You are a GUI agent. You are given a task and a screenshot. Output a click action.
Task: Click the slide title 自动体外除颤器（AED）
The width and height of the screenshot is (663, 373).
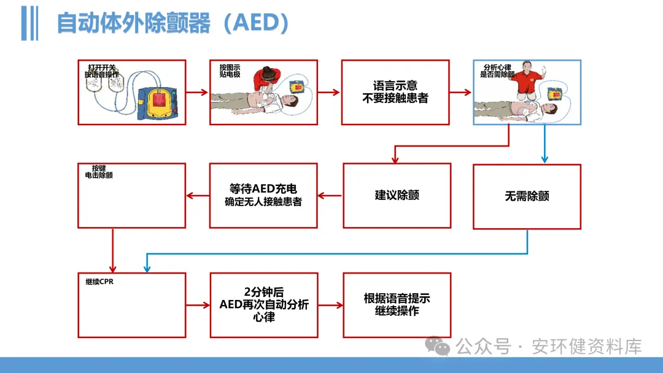[173, 23]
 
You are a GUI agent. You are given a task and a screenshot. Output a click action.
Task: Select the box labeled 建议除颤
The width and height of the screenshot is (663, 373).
[397, 196]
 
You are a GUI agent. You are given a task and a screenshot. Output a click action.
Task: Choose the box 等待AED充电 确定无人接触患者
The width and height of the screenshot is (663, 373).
[263, 195]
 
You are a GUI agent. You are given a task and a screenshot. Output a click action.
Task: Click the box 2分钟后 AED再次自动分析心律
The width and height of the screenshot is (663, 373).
[263, 305]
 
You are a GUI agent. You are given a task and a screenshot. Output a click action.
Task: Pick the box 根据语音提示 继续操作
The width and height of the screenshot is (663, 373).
[397, 305]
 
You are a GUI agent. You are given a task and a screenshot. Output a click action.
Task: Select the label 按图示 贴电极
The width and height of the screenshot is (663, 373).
[229, 71]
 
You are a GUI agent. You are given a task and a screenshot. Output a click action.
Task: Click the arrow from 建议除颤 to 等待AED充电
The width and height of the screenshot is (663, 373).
[330, 196]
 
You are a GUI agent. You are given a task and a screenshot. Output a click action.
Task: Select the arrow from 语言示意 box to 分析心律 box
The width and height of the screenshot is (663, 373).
[461, 92]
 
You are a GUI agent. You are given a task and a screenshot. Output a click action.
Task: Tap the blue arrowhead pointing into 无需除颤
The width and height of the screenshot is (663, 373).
[544, 160]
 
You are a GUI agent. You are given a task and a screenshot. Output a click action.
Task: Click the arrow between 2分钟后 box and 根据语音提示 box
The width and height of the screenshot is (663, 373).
[330, 305]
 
